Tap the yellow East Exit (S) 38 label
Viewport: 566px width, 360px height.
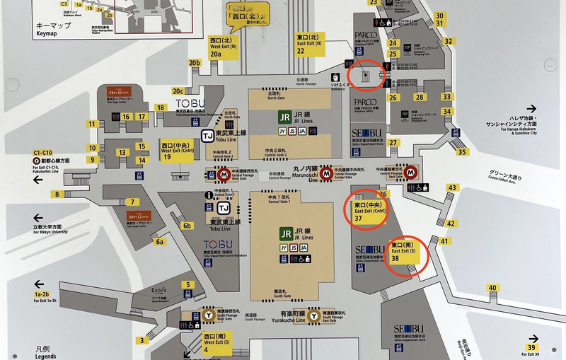(x=405, y=252)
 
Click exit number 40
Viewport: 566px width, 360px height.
(x=492, y=288)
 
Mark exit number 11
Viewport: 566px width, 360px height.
(x=92, y=124)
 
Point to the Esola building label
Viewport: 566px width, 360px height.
(x=158, y=291)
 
